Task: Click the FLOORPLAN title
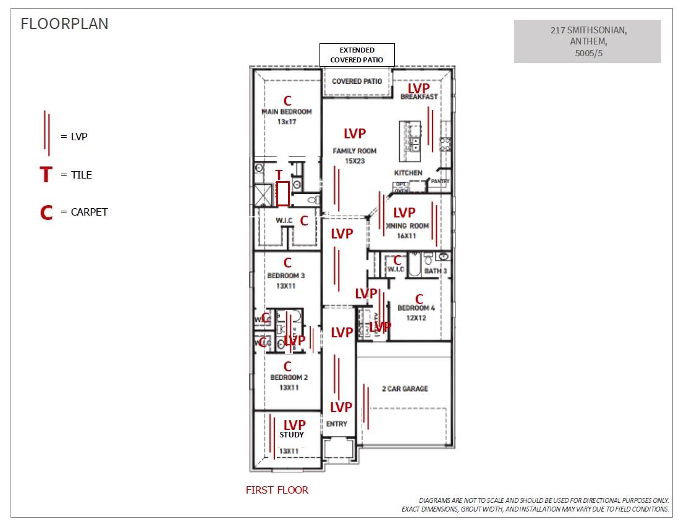click(64, 24)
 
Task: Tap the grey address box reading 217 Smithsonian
click(587, 41)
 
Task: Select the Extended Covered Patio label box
click(357, 55)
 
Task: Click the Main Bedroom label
click(287, 112)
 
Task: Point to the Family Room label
click(355, 151)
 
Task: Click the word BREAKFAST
click(419, 97)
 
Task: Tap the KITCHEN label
click(408, 173)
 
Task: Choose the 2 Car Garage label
click(405, 389)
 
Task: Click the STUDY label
click(291, 435)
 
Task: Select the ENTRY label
click(337, 424)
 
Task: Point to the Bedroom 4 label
click(416, 308)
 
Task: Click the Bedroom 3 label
click(286, 276)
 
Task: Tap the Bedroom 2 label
click(289, 377)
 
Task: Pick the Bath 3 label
click(436, 271)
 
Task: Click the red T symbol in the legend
click(46, 175)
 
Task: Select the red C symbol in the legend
click(46, 213)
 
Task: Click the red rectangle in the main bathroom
click(283, 193)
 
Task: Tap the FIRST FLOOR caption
click(277, 490)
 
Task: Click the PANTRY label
click(440, 181)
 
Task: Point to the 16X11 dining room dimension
click(407, 235)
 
